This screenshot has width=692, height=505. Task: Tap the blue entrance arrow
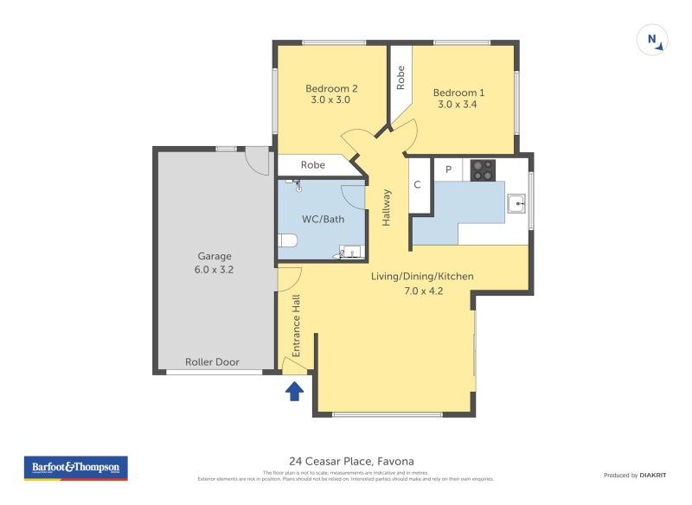click(294, 392)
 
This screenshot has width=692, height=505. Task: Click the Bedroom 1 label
click(458, 99)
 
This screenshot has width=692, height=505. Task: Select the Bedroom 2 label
click(331, 93)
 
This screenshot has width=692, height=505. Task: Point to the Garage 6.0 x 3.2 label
click(215, 263)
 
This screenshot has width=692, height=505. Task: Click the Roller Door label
click(213, 361)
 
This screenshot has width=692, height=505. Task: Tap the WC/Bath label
click(324, 219)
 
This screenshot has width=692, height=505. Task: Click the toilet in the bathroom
click(287, 241)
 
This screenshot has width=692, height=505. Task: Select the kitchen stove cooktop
click(483, 170)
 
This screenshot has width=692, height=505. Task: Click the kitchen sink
click(516, 203)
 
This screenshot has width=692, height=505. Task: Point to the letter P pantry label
click(448, 169)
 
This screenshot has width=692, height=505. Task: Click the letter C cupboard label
click(417, 184)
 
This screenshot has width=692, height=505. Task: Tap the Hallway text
click(387, 208)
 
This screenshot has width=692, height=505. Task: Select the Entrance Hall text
click(296, 326)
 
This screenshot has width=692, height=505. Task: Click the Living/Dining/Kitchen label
click(422, 284)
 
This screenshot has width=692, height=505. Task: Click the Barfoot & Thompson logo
click(75, 468)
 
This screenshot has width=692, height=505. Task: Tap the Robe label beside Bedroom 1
click(400, 79)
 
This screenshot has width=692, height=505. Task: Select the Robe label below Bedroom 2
click(313, 164)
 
